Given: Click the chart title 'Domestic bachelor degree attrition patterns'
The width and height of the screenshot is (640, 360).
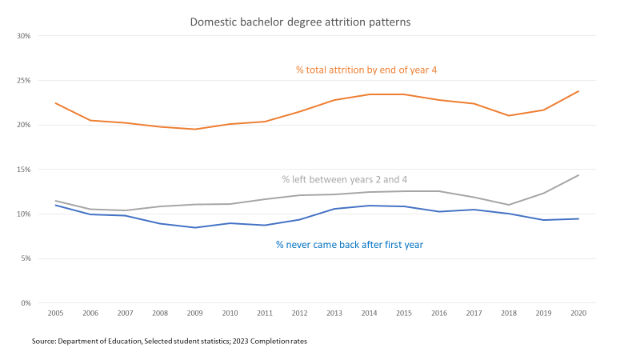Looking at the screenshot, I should (x=300, y=22).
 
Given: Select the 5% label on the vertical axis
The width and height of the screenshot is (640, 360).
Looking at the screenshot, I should (x=25, y=258).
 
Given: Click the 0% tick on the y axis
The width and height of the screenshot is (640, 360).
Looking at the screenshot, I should (x=25, y=303).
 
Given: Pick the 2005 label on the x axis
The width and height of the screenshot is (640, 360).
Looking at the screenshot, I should (x=55, y=314).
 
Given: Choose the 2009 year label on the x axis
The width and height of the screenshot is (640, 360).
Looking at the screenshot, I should (x=194, y=314).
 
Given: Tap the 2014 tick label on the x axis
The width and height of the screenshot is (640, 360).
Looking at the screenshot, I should (x=369, y=314).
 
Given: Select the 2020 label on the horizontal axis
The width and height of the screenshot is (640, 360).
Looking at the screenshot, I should (x=578, y=314).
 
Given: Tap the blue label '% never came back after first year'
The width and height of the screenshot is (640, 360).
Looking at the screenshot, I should (x=350, y=245).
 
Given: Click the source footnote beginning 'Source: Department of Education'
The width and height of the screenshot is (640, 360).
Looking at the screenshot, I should (x=170, y=342).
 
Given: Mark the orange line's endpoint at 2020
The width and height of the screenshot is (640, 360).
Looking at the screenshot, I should (x=578, y=91).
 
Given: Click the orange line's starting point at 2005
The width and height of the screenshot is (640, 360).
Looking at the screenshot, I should (x=55, y=103).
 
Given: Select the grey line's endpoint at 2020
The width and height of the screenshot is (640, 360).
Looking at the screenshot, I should (x=578, y=175).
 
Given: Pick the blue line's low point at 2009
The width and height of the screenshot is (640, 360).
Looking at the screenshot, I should (x=194, y=227).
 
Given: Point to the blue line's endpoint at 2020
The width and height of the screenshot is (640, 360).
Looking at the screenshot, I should (x=578, y=219).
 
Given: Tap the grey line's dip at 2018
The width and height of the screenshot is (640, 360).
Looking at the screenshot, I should (x=508, y=205).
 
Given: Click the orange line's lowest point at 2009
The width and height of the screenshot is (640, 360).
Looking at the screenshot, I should (x=194, y=129).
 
